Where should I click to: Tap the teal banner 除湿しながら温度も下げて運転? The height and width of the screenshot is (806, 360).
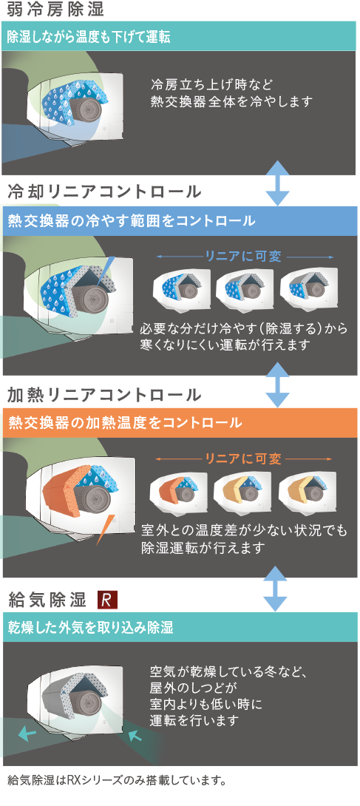(179, 37)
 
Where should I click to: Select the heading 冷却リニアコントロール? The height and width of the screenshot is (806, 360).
(104, 192)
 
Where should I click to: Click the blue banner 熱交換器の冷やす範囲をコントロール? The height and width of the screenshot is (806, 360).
(180, 221)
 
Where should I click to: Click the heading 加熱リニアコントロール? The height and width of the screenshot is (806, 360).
(104, 395)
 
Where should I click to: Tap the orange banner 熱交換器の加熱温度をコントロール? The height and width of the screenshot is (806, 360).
(180, 423)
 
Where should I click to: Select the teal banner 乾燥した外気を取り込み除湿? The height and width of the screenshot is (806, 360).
(180, 627)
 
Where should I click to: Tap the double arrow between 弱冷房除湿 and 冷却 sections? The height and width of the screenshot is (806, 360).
(277, 183)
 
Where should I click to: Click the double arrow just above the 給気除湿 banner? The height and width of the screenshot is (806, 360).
(277, 589)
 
